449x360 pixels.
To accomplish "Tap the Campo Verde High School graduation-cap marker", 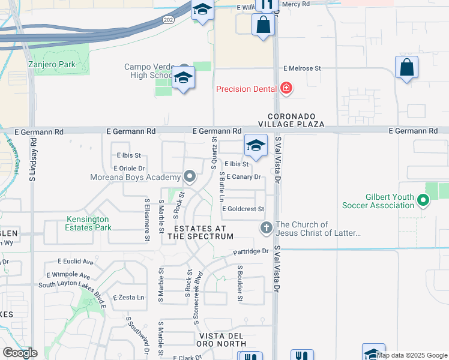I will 183,78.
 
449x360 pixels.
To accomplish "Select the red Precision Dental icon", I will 286,89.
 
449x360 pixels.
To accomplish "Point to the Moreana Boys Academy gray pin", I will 190,177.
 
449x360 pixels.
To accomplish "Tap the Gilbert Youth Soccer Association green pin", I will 423,200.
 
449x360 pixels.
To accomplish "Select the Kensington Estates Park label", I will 89,223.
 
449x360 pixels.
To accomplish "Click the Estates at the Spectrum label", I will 200,232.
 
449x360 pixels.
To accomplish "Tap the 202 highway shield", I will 167,20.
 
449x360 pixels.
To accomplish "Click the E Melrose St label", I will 303,69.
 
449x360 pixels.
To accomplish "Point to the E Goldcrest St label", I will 243,209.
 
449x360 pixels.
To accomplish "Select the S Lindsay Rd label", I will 32,159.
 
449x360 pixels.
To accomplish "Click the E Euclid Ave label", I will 76,262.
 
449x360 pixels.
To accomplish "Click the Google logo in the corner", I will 20,352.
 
